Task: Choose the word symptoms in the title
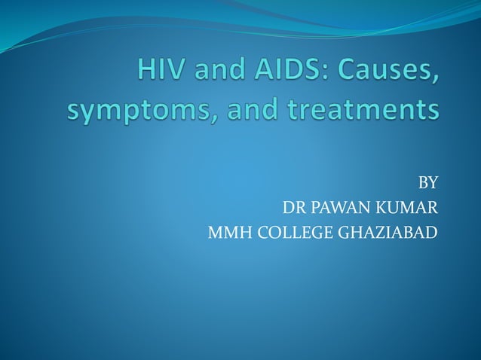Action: (132, 111)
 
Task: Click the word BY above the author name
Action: (427, 183)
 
